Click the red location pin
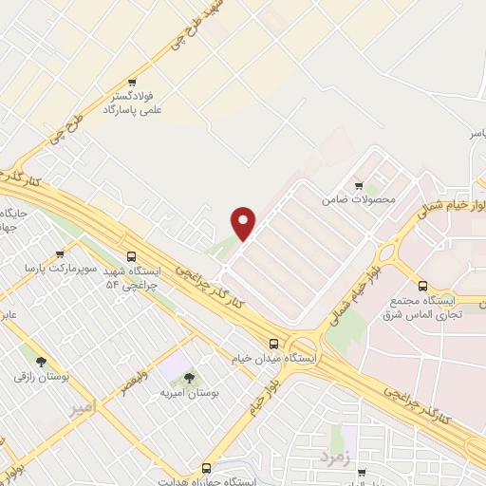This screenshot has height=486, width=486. tap(244, 223)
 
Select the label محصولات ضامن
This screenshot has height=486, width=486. tap(358, 200)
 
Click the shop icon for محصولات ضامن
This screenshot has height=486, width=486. tap(359, 186)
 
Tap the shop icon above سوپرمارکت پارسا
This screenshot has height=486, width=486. tap(60, 254)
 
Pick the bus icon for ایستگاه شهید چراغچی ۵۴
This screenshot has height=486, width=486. tap(131, 256)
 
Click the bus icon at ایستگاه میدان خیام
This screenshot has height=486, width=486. tap(273, 344)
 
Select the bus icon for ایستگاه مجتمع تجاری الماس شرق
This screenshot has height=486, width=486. tap(422, 286)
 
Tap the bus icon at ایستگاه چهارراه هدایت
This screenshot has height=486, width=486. tap(206, 468)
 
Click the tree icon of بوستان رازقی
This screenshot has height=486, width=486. tap(41, 362)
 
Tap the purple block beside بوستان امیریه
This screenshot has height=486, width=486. tap(172, 364)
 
